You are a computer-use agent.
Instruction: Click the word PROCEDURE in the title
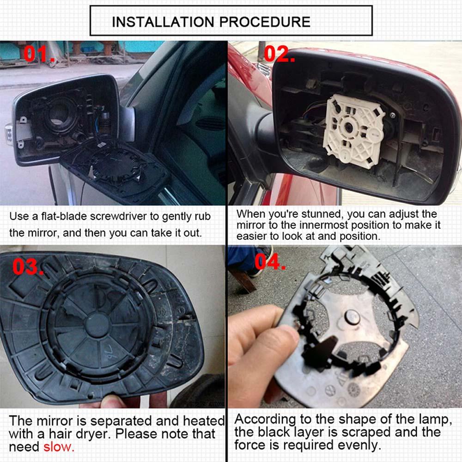265,22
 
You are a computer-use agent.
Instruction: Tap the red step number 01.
39,54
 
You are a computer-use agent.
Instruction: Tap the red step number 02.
279,54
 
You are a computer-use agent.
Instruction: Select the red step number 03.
28,267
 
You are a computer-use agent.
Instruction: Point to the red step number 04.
270,261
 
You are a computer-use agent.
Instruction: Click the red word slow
59,447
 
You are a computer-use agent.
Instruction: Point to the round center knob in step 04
352,318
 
